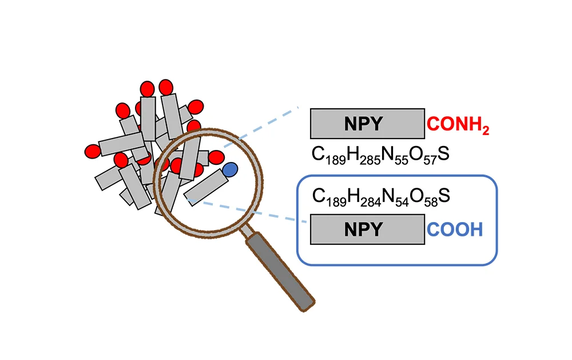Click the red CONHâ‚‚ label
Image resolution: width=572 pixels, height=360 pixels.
(458, 125)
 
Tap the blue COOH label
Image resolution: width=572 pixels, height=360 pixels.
(455, 230)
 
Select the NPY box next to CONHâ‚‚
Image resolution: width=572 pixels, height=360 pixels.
(367, 124)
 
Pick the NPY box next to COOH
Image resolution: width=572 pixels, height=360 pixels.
(367, 230)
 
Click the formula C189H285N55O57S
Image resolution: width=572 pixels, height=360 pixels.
(380, 155)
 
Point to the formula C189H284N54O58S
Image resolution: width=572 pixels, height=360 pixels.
(381, 197)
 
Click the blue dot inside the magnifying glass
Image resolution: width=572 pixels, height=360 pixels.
(230, 170)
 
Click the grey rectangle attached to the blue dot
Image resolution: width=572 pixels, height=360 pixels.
(206, 187)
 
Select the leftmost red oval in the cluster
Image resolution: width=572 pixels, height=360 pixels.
(93, 151)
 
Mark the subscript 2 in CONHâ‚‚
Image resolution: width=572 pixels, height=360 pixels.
(486, 130)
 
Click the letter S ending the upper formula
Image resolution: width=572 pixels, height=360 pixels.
(444, 154)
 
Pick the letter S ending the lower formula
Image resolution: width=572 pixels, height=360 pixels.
(444, 196)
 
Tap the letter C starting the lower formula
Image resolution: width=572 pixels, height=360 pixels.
(319, 196)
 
